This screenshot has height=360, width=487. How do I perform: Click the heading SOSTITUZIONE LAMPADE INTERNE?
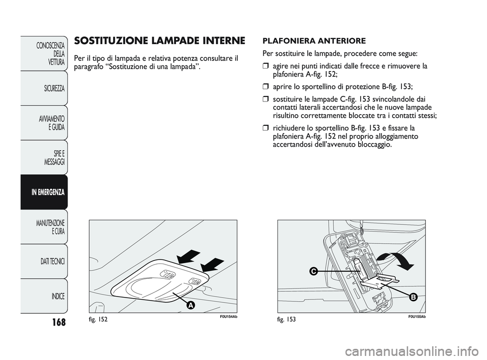(x=159, y=41)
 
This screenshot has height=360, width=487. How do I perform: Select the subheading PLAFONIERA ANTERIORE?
(x=314, y=41)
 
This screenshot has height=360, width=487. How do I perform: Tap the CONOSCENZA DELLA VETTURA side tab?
(x=46, y=53)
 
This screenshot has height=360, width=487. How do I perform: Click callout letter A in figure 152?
(x=190, y=305)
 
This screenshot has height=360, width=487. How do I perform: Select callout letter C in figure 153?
(x=315, y=272)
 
